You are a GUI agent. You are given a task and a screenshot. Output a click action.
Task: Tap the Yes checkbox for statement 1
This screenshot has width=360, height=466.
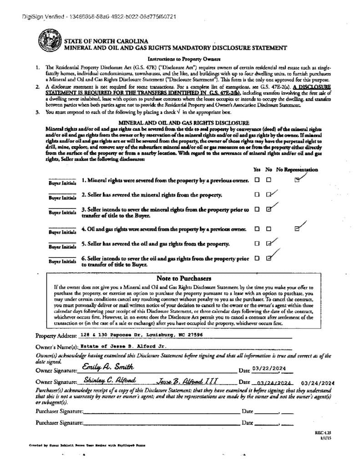[x=257, y=180]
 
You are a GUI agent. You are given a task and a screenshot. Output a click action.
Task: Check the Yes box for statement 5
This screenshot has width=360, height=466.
[x=257, y=243]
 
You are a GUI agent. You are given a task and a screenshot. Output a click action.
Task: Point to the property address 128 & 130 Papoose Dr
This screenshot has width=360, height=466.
[x=141, y=334]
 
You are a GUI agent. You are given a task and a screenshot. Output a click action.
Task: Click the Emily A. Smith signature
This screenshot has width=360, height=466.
[x=108, y=367]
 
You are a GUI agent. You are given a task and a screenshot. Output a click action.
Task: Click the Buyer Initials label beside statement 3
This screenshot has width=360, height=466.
[x=62, y=213]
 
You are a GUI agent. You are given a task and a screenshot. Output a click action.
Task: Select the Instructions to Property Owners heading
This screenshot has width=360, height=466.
[x=184, y=59]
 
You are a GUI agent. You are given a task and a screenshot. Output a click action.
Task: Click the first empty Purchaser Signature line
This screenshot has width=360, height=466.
[x=162, y=411]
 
